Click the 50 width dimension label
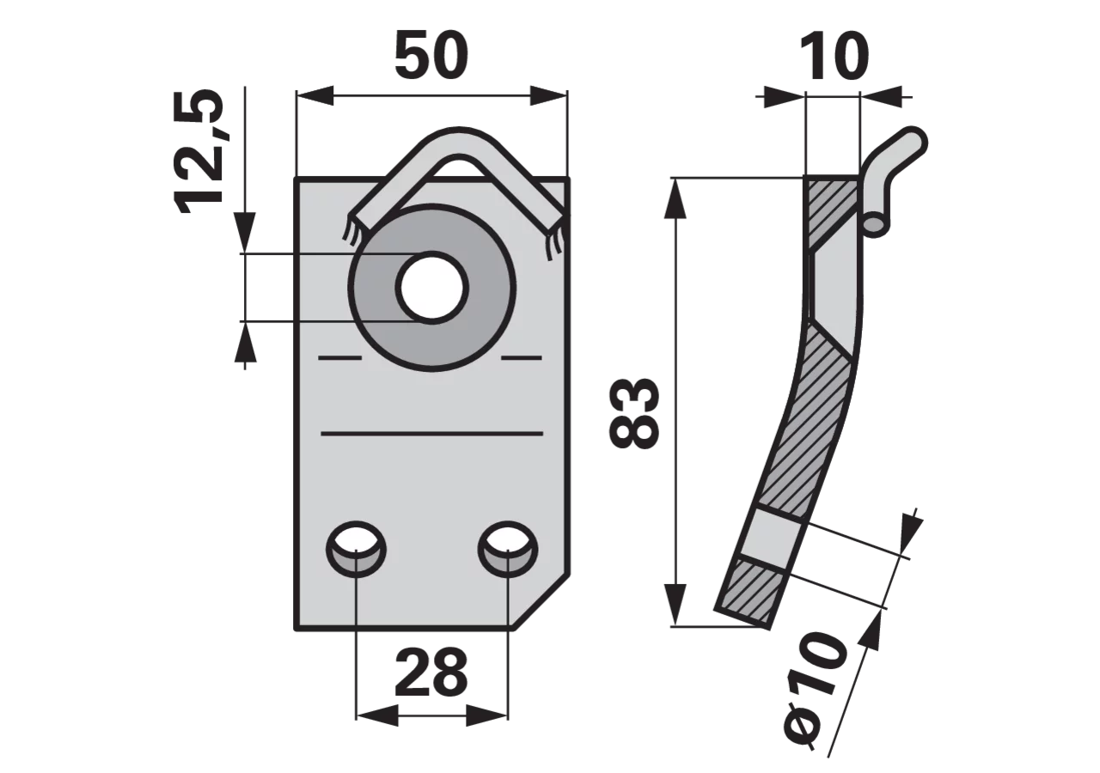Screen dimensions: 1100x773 pyautogui.click(x=431, y=55)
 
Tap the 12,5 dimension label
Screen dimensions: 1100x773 pyautogui.click(x=199, y=151)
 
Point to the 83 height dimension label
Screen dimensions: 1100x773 pyautogui.click(x=633, y=413)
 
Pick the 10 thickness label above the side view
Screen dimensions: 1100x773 pyautogui.click(x=834, y=57)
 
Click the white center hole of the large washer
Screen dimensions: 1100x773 pyautogui.click(x=432, y=288)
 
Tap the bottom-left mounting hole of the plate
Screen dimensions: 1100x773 pyautogui.click(x=356, y=549)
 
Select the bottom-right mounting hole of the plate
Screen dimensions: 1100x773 pyautogui.click(x=508, y=549)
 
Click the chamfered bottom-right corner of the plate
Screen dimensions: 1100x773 pyautogui.click(x=541, y=601)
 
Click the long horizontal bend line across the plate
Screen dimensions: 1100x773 pyautogui.click(x=431, y=434)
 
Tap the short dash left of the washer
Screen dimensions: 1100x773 pyautogui.click(x=339, y=358)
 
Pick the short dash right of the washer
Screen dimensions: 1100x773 pyautogui.click(x=522, y=358)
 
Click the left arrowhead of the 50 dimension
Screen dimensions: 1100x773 pyautogui.click(x=315, y=95)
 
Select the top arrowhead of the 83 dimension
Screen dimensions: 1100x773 pyautogui.click(x=675, y=198)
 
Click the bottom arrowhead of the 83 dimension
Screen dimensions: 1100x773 pyautogui.click(x=675, y=606)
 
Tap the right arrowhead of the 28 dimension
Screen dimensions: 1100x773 pyautogui.click(x=486, y=715)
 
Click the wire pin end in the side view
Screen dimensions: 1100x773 pyautogui.click(x=875, y=222)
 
